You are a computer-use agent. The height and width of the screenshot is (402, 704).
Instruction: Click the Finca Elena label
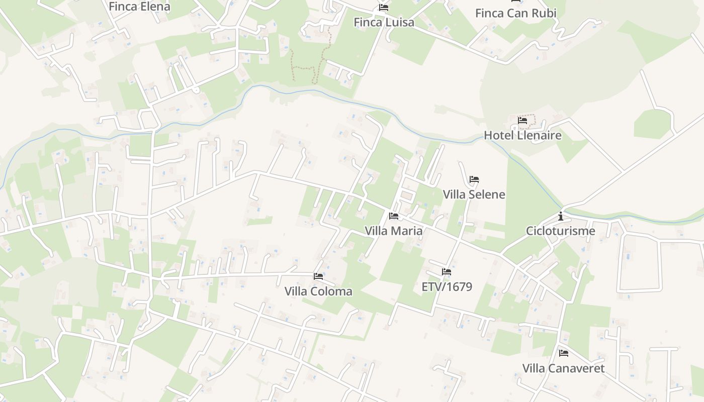pyautogui.click(x=139, y=7)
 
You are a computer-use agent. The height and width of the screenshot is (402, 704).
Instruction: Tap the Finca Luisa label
pyautogui.click(x=384, y=22)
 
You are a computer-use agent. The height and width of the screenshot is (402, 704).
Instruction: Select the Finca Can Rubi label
pyautogui.click(x=515, y=13)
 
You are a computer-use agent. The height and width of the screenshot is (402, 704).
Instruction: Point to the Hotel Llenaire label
pyautogui.click(x=522, y=135)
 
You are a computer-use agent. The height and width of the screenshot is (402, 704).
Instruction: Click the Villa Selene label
pyautogui.click(x=474, y=194)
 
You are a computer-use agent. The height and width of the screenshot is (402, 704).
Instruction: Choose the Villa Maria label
pyautogui.click(x=394, y=231)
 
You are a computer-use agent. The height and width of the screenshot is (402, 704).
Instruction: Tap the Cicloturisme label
pyautogui.click(x=560, y=231)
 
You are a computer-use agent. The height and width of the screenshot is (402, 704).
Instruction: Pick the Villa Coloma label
pyautogui.click(x=318, y=291)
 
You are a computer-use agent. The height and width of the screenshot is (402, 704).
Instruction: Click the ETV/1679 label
pyautogui.click(x=447, y=286)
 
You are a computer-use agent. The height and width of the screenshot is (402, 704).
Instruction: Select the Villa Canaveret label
pyautogui.click(x=563, y=368)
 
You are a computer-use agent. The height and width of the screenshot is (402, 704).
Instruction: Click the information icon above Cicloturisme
pyautogui.click(x=561, y=217)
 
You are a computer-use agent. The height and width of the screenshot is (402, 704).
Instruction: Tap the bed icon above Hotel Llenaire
pyautogui.click(x=522, y=121)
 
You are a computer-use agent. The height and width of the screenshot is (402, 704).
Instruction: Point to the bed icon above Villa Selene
pyautogui.click(x=474, y=179)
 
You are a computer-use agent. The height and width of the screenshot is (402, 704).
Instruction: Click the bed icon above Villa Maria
pyautogui.click(x=394, y=216)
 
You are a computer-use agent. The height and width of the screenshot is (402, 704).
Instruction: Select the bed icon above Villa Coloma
pyautogui.click(x=318, y=276)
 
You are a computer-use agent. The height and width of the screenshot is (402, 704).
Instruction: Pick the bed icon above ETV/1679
pyautogui.click(x=447, y=272)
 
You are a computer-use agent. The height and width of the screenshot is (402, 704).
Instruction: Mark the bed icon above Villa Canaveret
pyautogui.click(x=563, y=353)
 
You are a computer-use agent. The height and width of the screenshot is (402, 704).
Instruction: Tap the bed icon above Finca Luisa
pyautogui.click(x=384, y=8)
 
